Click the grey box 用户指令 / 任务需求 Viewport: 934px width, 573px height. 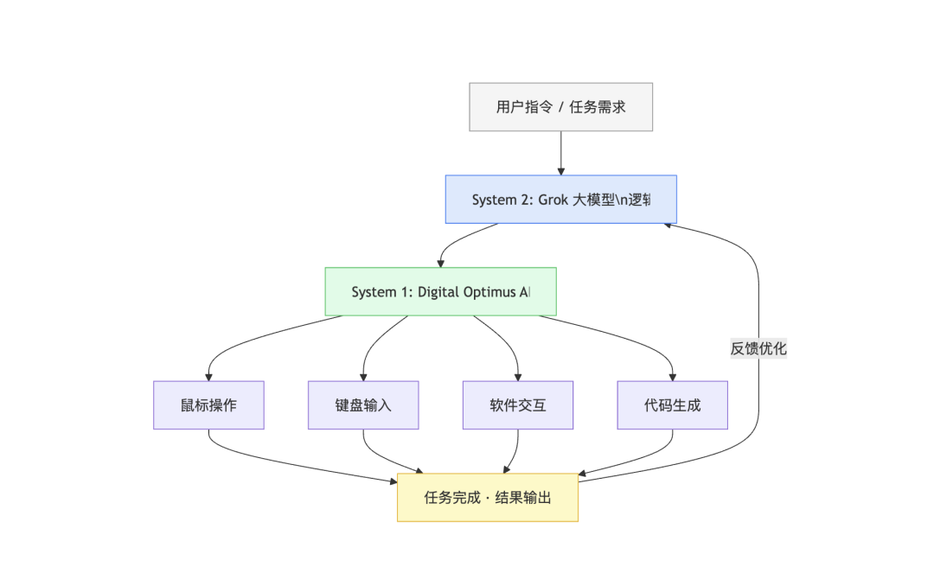tap(560, 107)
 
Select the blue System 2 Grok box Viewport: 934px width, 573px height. tap(560, 200)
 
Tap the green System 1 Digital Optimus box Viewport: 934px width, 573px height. tap(440, 291)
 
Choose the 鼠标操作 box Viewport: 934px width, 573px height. tap(208, 404)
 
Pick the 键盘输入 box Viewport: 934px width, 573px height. tap(363, 404)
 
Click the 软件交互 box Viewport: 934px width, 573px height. tap(518, 404)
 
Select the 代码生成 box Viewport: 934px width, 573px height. tap(672, 404)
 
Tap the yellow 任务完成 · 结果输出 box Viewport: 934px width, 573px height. tap(488, 498)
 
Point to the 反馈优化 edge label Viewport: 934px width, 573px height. tap(758, 349)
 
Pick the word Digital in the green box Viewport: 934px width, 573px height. tap(440, 291)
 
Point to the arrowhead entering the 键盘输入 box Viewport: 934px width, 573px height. tap(363, 376)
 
